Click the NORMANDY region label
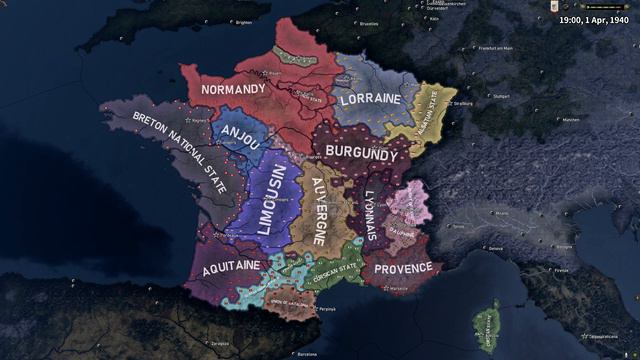click(233, 89)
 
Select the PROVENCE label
click(403, 268)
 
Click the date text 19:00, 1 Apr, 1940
click(594, 18)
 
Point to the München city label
click(571, 121)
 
